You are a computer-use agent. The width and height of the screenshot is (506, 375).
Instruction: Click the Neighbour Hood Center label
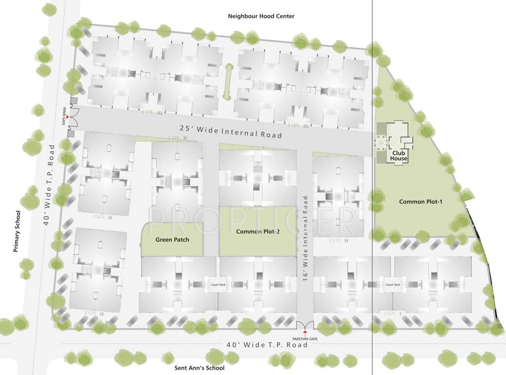tap(261, 16)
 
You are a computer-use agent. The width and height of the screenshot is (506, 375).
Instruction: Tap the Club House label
tap(399, 155)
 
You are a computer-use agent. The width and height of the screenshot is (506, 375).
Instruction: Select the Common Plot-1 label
tap(420, 202)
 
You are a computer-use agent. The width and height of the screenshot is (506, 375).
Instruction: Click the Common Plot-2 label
tap(258, 231)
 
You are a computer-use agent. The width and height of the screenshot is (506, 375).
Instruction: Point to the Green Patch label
tap(172, 240)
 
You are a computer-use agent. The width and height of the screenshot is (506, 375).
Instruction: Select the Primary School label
tap(17, 231)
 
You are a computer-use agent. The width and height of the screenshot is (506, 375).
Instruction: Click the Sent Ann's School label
tap(200, 368)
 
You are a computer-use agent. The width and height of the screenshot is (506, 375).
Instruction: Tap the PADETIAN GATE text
tap(305, 338)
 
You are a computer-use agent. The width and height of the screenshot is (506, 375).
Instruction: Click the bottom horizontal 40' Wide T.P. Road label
tap(267, 345)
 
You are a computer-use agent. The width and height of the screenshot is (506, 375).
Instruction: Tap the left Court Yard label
tap(218, 285)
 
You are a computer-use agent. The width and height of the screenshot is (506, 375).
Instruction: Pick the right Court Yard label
tap(392, 285)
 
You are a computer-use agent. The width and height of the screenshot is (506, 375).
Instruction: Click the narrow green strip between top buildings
tap(226, 81)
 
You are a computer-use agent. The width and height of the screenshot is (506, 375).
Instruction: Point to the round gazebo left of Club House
tap(380, 142)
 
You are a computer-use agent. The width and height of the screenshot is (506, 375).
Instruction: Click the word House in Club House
tap(399, 158)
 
